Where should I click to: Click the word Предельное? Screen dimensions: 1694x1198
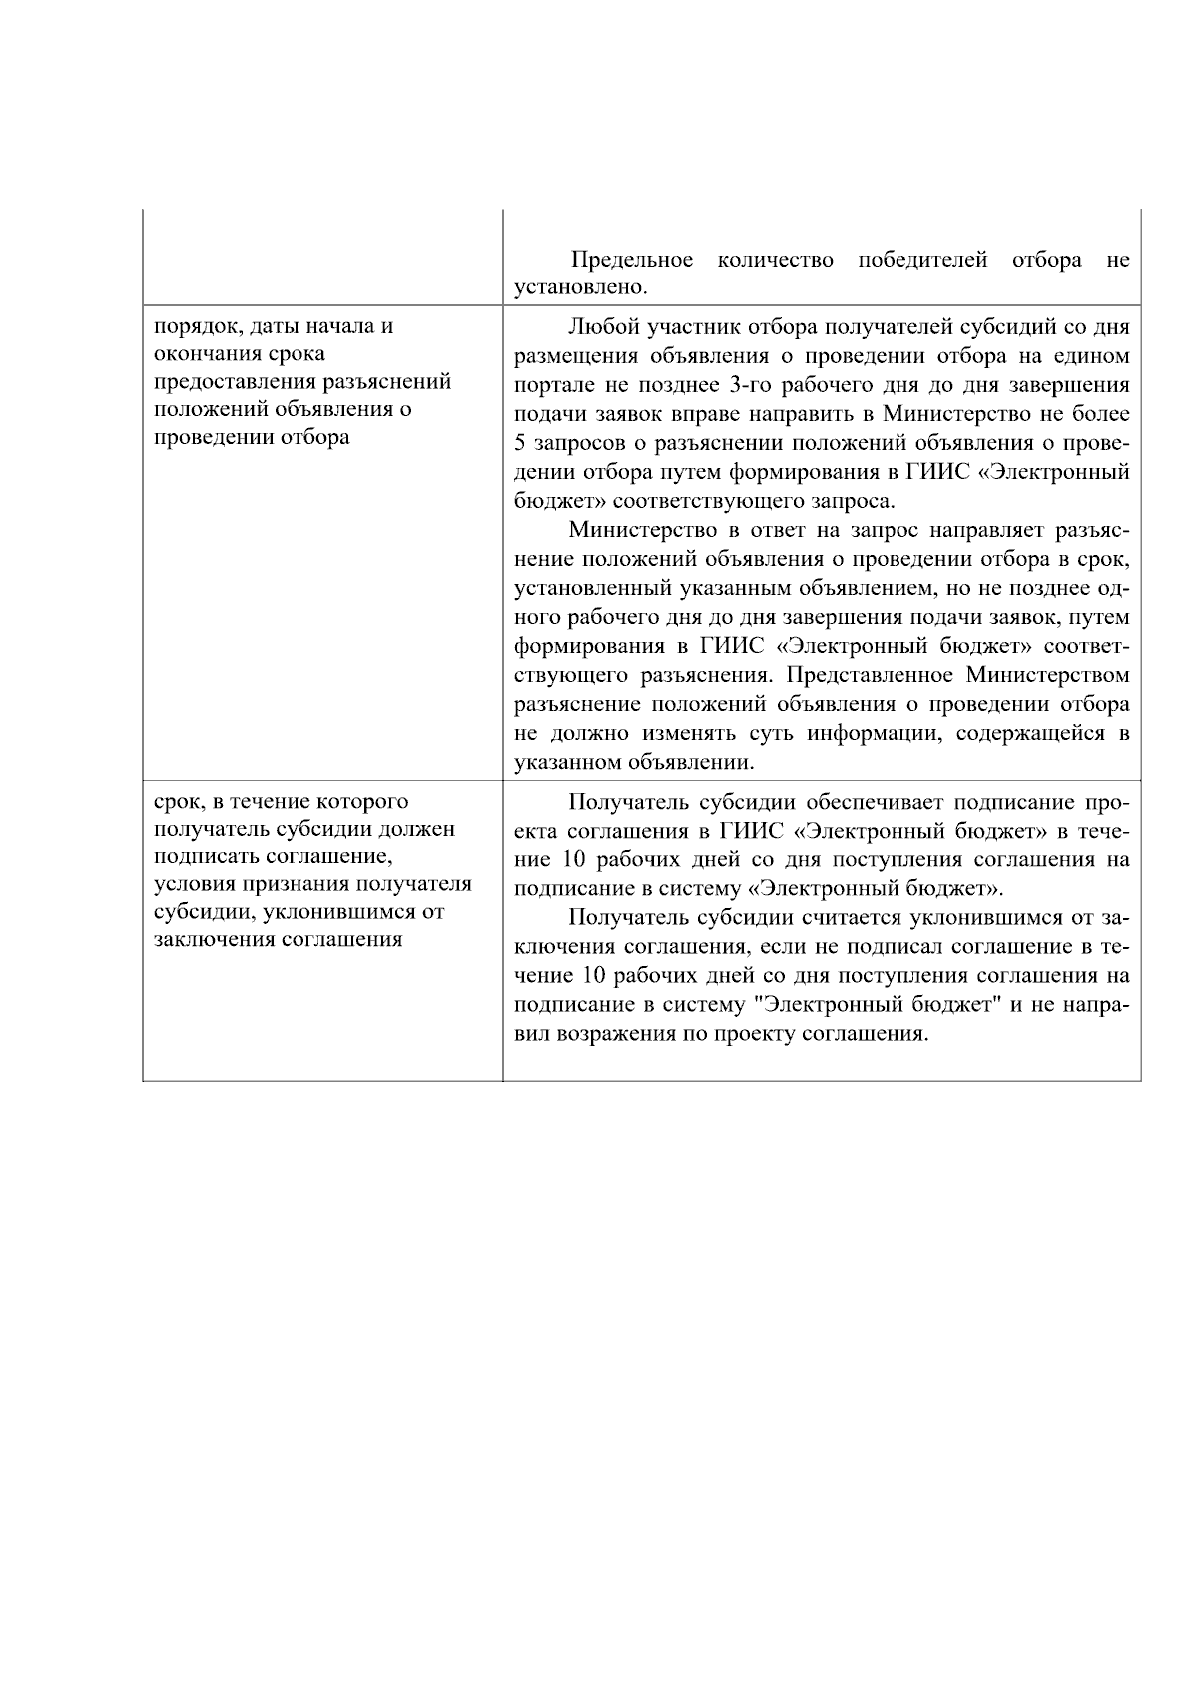(x=632, y=261)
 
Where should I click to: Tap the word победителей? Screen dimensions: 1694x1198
(x=922, y=261)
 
